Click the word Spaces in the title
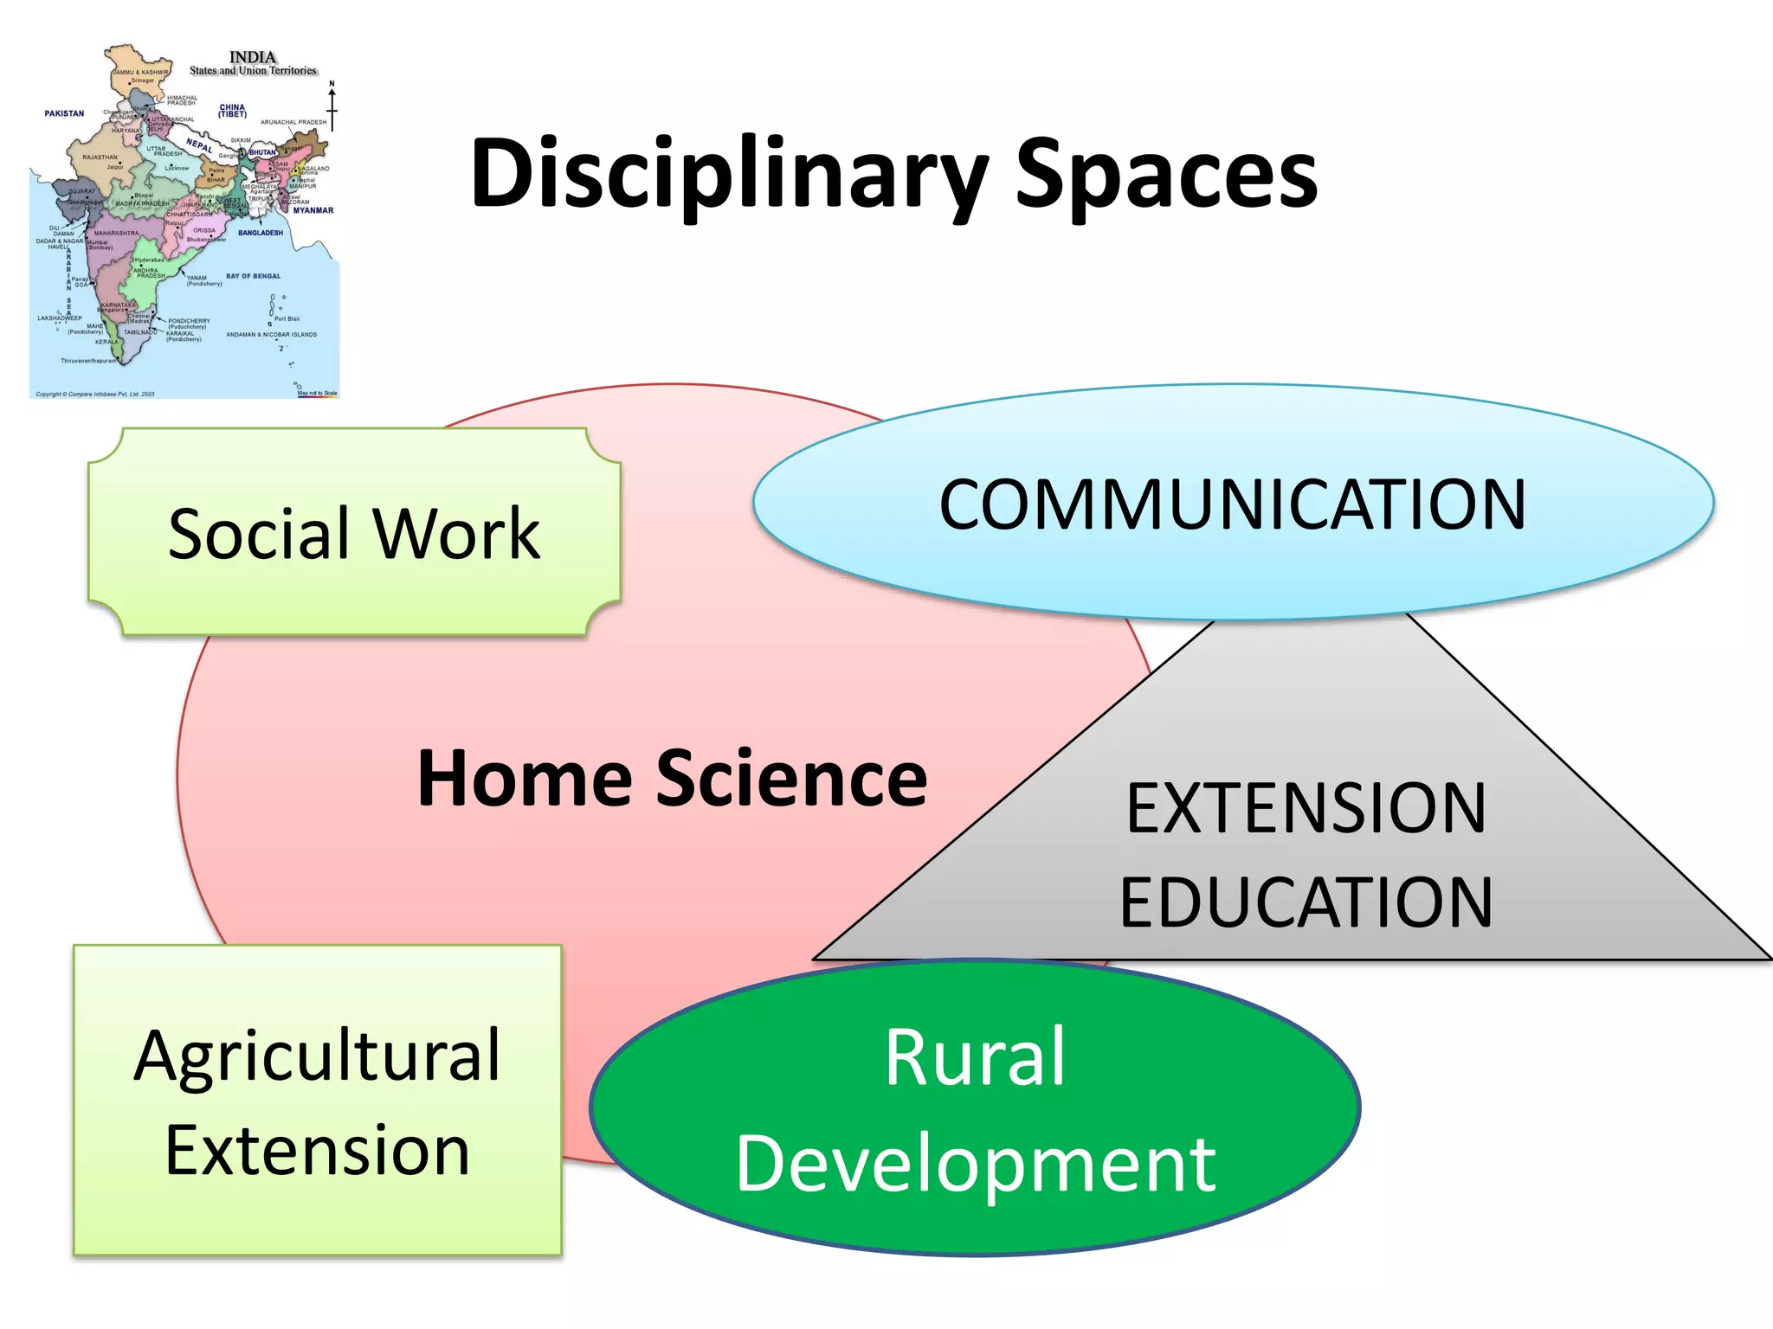[x=1166, y=176]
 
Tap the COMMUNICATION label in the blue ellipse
[x=1233, y=505]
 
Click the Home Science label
[x=672, y=779]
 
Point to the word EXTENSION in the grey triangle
[x=1306, y=809]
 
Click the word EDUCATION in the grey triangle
[x=1306, y=902]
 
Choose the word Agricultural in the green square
[x=318, y=1056]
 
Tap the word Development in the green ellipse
[x=976, y=1164]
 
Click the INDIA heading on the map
[x=253, y=57]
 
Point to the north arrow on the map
[x=332, y=106]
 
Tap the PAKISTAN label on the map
[x=65, y=113]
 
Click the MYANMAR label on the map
[x=313, y=210]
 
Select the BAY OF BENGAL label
[x=254, y=276]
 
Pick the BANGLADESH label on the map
[x=261, y=233]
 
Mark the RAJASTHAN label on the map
[x=100, y=157]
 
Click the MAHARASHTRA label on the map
[x=116, y=233]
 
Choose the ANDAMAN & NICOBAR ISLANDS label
[x=271, y=334]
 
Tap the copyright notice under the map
[x=95, y=394]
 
